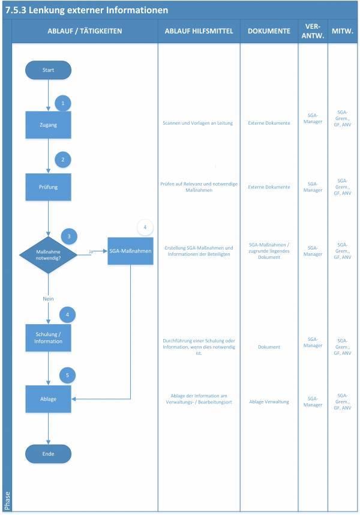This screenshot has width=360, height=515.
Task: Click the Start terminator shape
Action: [48, 70]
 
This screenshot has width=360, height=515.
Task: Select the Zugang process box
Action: [48, 125]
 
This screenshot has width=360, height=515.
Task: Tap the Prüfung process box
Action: [48, 187]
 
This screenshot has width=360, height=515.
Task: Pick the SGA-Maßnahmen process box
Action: [130, 250]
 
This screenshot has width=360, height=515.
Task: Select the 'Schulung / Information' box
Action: [48, 337]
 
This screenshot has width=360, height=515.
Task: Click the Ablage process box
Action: [48, 398]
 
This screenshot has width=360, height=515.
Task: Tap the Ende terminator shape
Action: [48, 454]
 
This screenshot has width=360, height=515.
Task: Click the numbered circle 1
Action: [63, 103]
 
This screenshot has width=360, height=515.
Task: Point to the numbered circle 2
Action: [63, 160]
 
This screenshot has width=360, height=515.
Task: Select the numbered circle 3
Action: [69, 236]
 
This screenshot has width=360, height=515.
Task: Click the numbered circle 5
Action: [68, 376]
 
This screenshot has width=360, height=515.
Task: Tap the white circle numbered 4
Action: [145, 227]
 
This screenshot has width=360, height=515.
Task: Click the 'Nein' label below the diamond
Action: [49, 298]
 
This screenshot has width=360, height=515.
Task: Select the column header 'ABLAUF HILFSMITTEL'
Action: [199, 31]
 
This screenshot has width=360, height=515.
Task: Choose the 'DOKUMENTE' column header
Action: [269, 31]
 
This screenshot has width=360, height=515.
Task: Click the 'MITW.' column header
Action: [342, 31]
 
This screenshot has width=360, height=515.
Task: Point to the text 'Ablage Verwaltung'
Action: [269, 402]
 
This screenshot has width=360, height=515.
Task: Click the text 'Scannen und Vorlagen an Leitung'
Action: [199, 123]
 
